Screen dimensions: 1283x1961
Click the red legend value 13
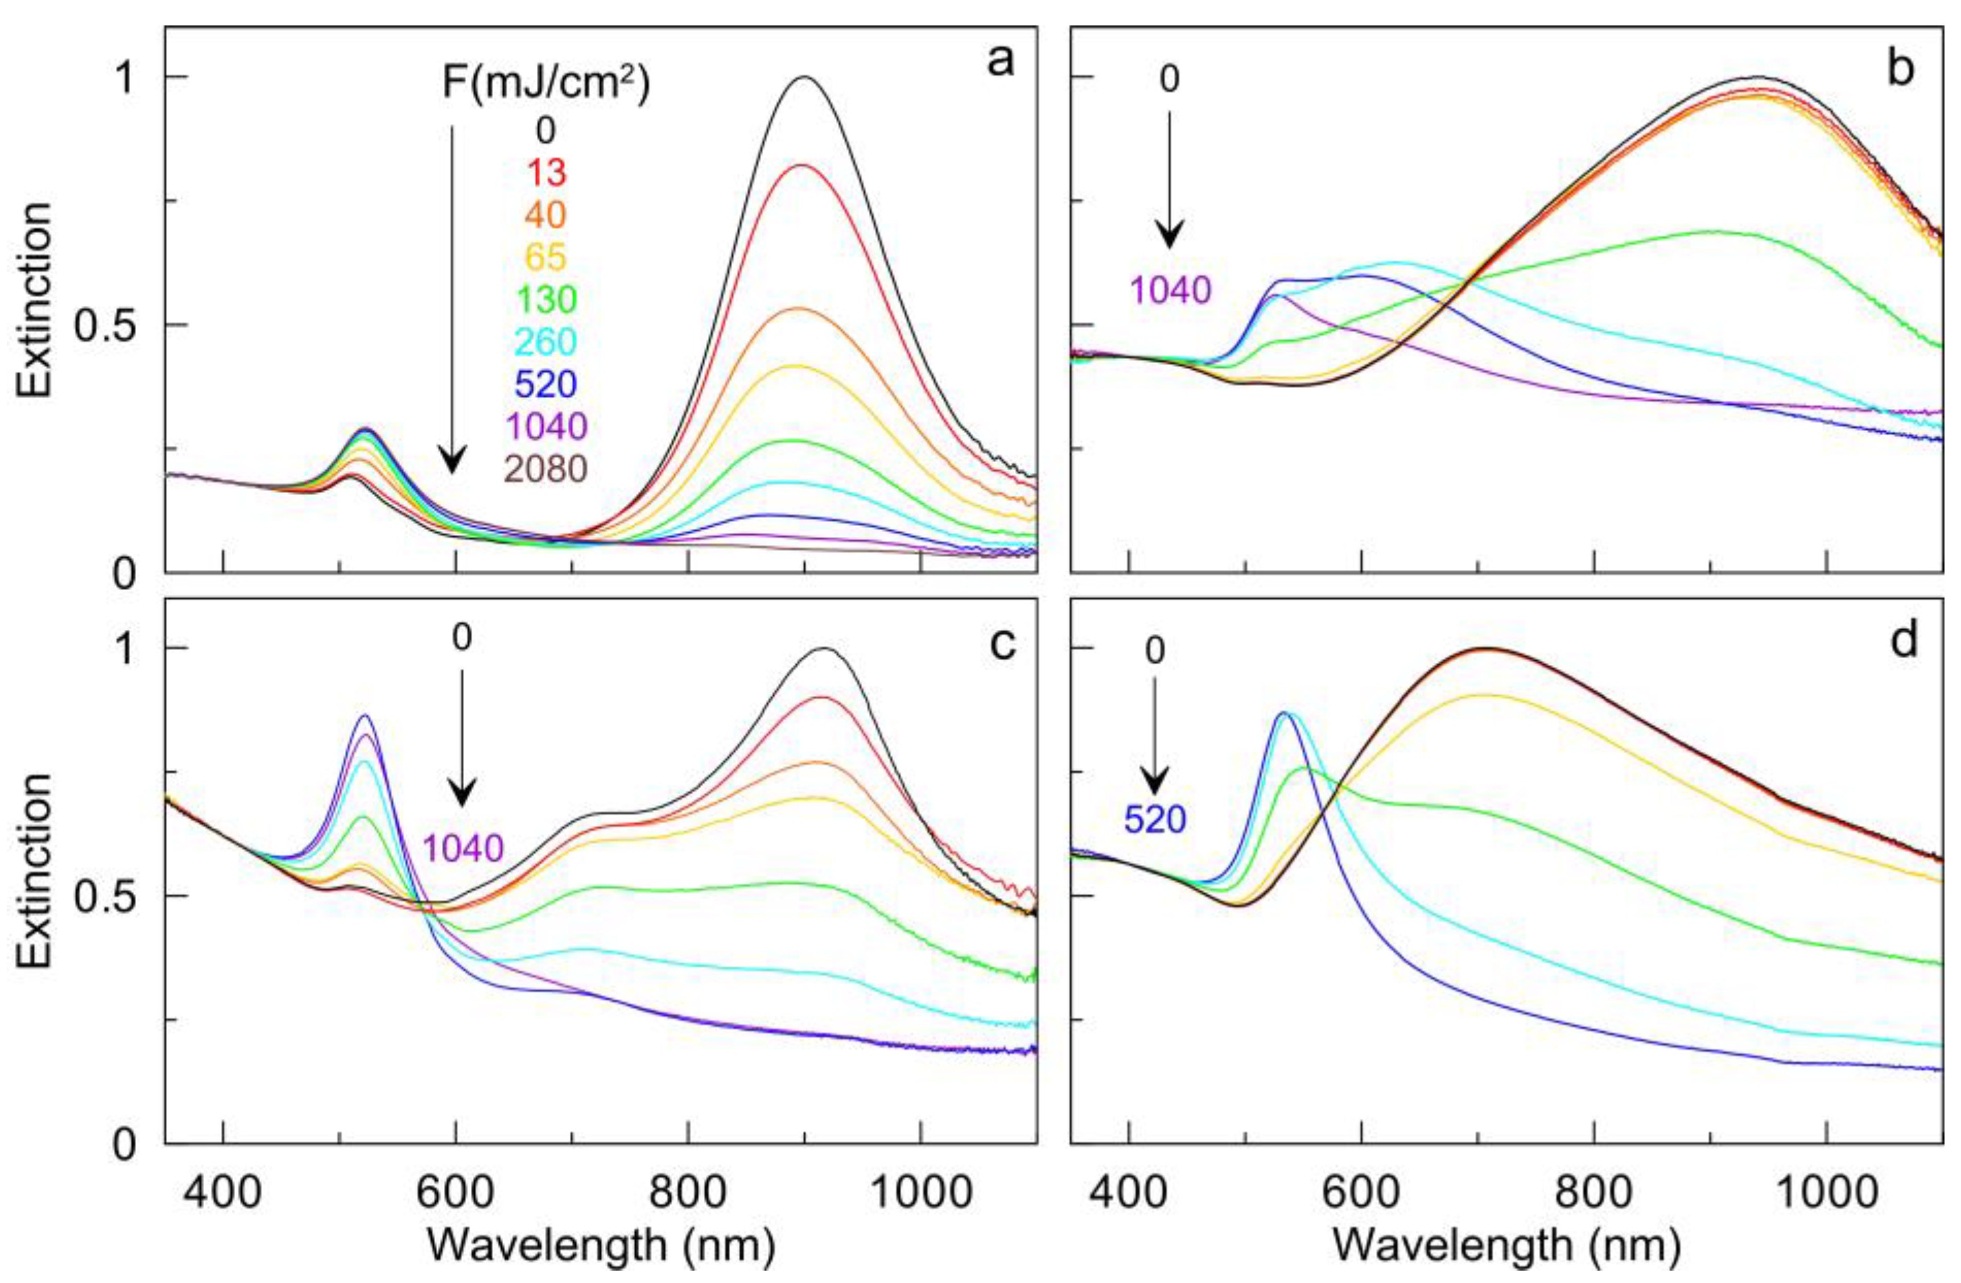pos(546,172)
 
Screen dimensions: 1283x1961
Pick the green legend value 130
pos(546,299)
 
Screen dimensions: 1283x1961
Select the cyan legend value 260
pos(546,341)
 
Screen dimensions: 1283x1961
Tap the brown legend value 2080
pos(546,469)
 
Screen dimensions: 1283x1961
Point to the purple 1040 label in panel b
pos(1171,290)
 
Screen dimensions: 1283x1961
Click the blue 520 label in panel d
pos(1155,820)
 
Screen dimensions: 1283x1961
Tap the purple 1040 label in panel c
pos(463,848)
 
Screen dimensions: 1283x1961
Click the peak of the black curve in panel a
pos(805,78)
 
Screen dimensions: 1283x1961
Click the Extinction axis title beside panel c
pos(34,871)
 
